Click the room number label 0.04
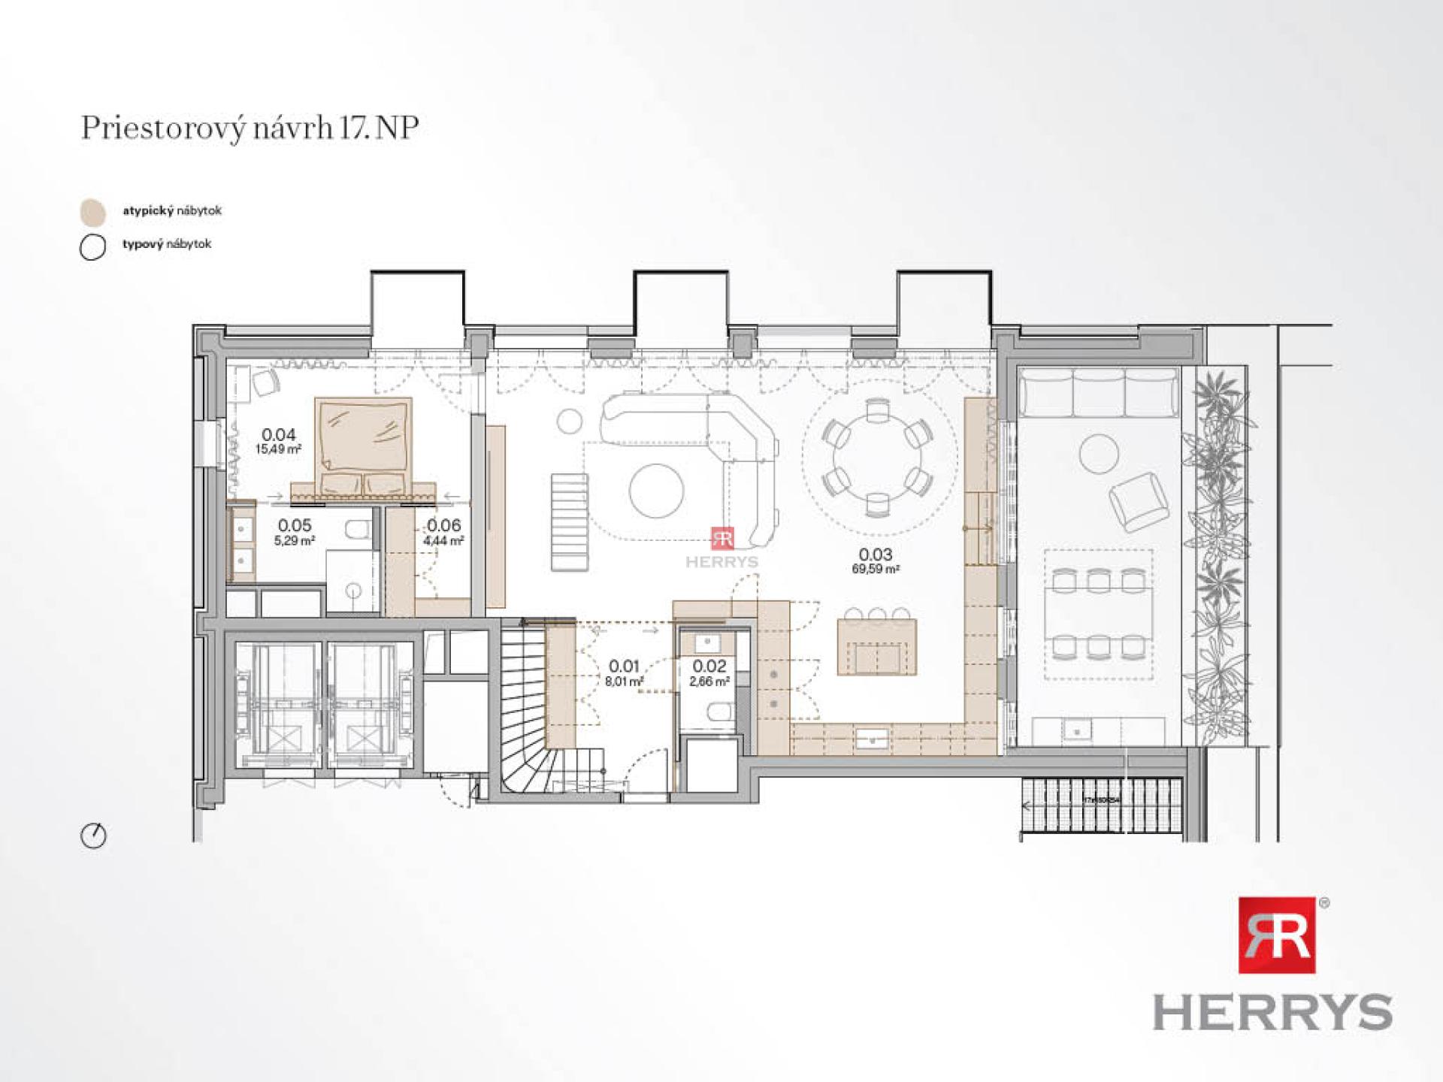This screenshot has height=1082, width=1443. tap(278, 434)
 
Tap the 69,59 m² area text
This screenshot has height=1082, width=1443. tap(876, 570)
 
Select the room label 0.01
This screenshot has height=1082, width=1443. tap(624, 666)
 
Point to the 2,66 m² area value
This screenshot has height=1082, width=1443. tap(709, 682)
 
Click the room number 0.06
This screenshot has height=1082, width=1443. tap(443, 525)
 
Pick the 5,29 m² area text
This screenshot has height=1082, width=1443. tap(294, 540)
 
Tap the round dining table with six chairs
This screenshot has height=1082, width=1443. tap(877, 458)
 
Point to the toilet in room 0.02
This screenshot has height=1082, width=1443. tap(720, 710)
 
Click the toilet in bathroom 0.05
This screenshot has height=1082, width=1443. tap(358, 530)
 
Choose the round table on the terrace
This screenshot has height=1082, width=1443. tap(1098, 455)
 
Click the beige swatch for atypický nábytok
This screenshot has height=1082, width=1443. tap(93, 213)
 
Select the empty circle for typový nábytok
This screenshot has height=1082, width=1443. tap(92, 246)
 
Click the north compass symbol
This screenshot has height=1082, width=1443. tap(93, 836)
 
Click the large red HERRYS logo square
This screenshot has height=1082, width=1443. tap(1276, 935)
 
